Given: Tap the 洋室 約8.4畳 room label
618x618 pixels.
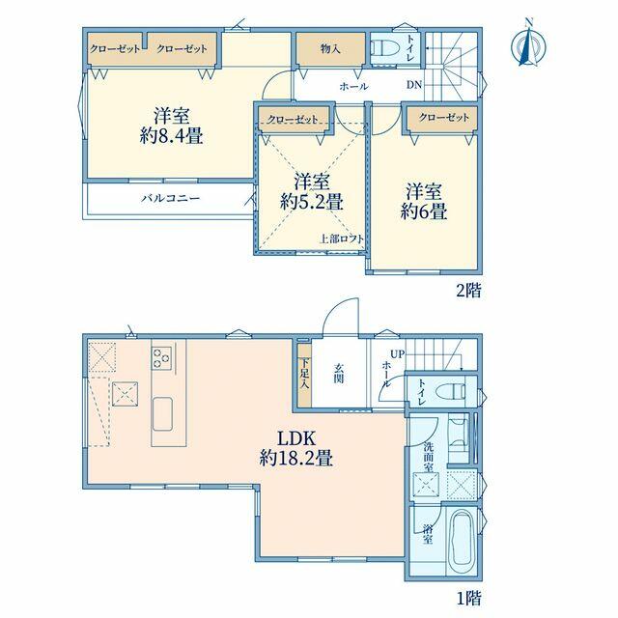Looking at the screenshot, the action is click(172, 126).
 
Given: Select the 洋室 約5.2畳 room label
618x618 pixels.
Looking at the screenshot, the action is click(312, 191).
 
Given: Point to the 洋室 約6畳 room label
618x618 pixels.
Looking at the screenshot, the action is click(424, 201).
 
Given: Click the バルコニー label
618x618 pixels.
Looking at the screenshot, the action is click(171, 198).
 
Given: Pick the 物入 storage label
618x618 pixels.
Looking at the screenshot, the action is click(330, 49).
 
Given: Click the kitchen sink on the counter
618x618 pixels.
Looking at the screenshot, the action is click(162, 414).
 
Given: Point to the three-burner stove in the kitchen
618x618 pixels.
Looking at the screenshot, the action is click(162, 358).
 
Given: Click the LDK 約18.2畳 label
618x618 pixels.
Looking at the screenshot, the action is click(296, 448).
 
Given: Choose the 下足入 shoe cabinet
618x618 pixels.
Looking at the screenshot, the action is click(304, 375).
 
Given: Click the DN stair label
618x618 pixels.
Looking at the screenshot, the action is click(414, 84).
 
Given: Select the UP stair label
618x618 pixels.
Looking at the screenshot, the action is click(397, 354).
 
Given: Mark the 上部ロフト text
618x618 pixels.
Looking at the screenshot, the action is click(341, 239).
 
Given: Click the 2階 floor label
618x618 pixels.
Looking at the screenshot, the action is click(468, 291).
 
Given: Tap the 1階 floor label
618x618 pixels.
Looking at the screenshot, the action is click(469, 599).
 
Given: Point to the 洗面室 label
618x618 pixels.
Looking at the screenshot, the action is click(429, 457).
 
